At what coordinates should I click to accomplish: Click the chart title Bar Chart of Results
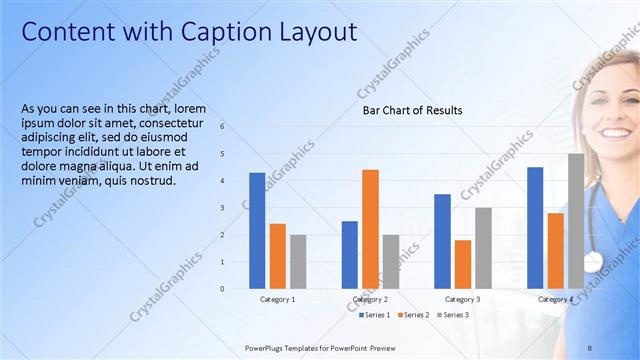point(412,110)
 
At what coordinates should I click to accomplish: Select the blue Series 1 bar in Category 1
point(257,230)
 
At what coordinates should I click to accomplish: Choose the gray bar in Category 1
point(298,261)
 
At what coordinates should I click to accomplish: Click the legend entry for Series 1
point(375,315)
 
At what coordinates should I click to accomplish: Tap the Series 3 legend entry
point(455,315)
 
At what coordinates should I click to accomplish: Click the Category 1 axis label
point(277,300)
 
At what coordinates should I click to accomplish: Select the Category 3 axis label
point(462,300)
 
